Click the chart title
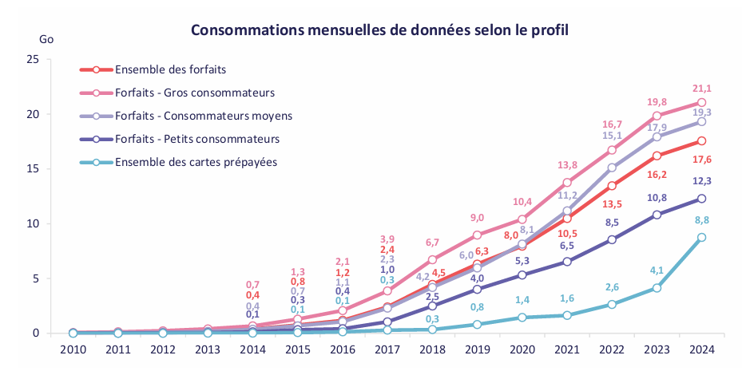pyautogui.click(x=379, y=30)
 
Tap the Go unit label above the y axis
pyautogui.click(x=46, y=39)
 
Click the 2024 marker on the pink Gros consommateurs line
pyautogui.click(x=701, y=102)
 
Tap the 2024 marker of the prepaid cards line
pyautogui.click(x=701, y=237)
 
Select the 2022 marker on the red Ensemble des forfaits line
pyautogui.click(x=612, y=185)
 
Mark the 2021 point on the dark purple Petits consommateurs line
pyautogui.click(x=566, y=262)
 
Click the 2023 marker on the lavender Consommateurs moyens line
pyautogui.click(x=657, y=137)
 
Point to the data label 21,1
pyautogui.click(x=702, y=89)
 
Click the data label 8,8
pyautogui.click(x=701, y=220)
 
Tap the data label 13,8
pyautogui.click(x=567, y=165)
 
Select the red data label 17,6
pyautogui.click(x=702, y=160)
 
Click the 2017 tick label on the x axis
pyautogui.click(x=387, y=349)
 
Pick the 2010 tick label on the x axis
pyautogui.click(x=73, y=349)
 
